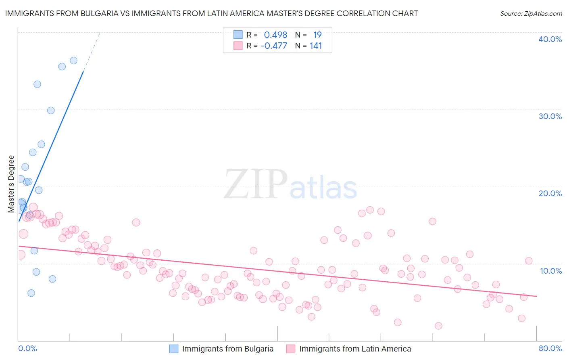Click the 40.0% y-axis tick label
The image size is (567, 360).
[550, 39]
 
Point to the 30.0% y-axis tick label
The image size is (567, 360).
[550, 116]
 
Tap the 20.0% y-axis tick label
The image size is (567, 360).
[550, 193]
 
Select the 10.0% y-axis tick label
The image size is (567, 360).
[551, 271]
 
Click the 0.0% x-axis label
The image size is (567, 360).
[27, 348]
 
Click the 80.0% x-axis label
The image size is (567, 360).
[550, 348]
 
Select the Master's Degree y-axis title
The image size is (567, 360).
[11, 184]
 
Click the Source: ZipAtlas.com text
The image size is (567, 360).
[531, 14]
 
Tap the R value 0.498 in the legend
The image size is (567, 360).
[275, 35]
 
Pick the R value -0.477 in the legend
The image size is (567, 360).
[274, 46]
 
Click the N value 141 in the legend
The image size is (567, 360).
[316, 46]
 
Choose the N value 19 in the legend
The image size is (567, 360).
[317, 35]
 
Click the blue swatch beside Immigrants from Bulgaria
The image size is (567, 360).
[174, 349]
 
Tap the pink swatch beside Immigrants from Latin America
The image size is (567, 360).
[291, 349]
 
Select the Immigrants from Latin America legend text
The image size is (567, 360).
[355, 349]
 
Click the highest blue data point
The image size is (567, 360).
[73, 61]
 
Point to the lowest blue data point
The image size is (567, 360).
[31, 293]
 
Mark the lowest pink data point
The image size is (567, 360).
[438, 326]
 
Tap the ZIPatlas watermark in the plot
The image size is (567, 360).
[290, 184]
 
